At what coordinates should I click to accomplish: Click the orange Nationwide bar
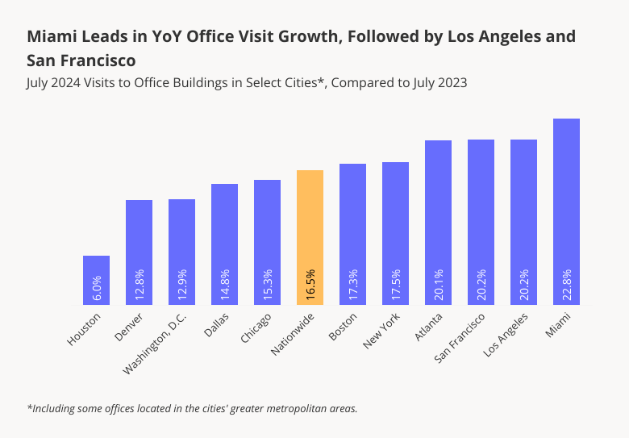pos(310,226)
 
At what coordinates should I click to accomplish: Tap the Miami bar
pos(566,202)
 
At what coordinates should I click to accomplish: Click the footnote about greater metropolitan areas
pos(192,408)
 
